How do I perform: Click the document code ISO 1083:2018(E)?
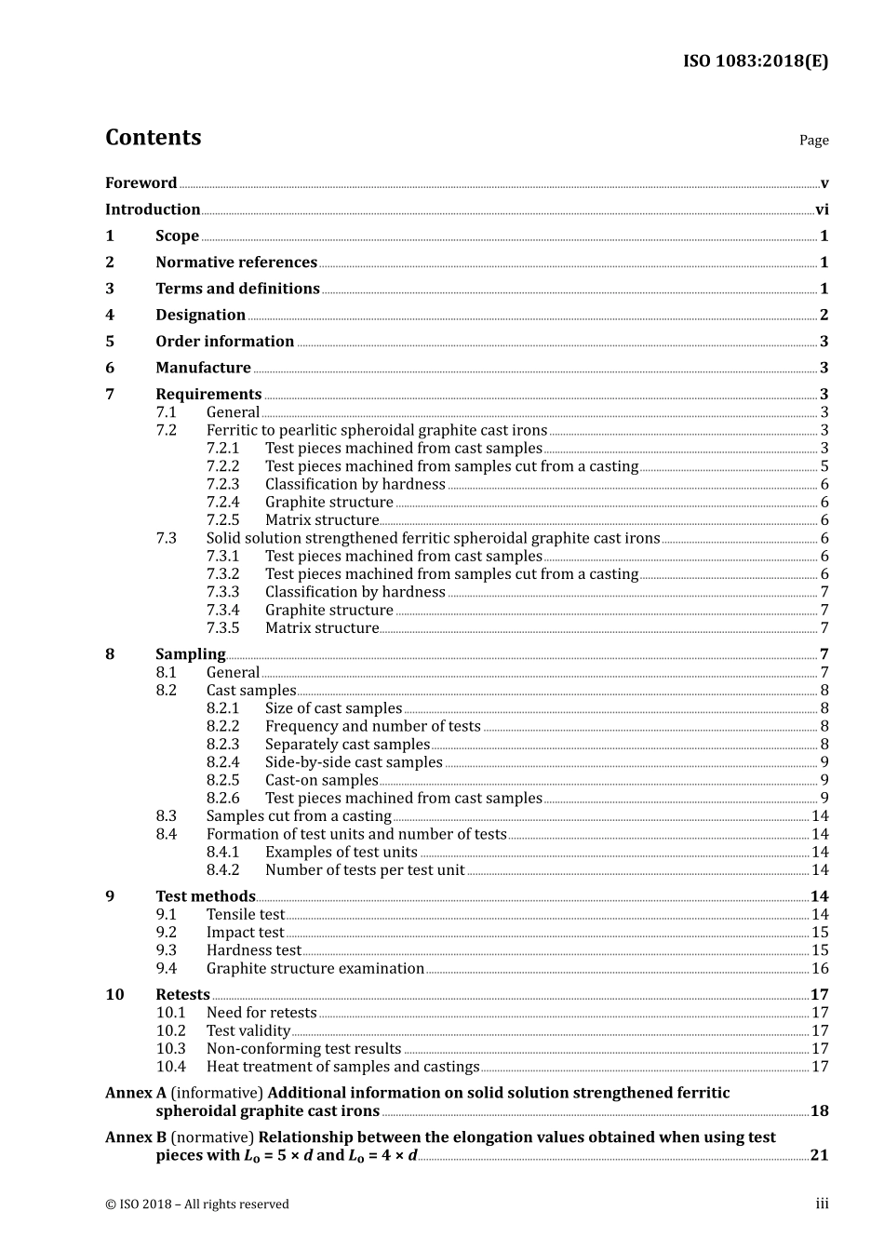tap(755, 61)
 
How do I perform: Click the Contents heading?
tap(153, 138)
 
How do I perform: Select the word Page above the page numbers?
tap(813, 141)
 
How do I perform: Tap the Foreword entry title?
tap(141, 183)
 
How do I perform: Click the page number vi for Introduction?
tap(822, 209)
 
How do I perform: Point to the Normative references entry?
tap(236, 262)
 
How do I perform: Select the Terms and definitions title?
tap(237, 289)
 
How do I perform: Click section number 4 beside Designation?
tap(110, 315)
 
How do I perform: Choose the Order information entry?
tap(224, 342)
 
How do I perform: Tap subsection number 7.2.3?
tap(222, 484)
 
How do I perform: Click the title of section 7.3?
tap(433, 538)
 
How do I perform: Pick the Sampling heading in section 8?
tap(190, 654)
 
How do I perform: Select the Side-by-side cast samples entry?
tap(354, 762)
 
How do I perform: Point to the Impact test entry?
tap(245, 933)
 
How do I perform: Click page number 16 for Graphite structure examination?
tap(820, 968)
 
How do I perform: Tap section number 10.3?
tap(170, 1049)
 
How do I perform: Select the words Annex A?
tap(136, 1093)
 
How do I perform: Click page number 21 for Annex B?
tap(819, 1155)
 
